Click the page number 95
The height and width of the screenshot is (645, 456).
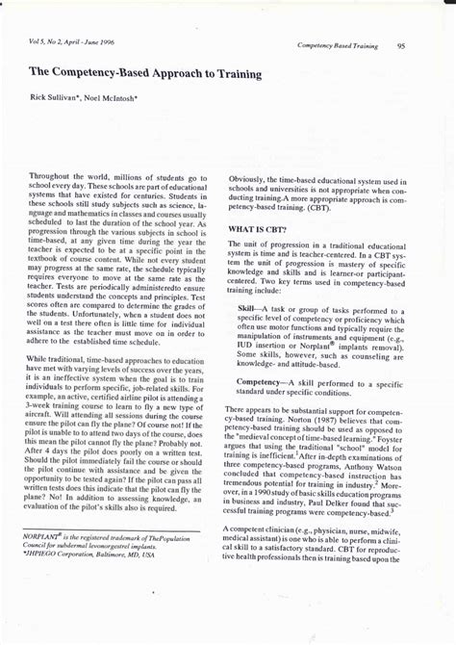(x=400, y=45)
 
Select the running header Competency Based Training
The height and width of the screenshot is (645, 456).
(x=337, y=45)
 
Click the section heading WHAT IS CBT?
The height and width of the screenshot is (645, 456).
(x=258, y=228)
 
